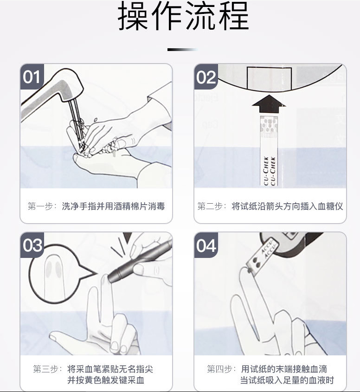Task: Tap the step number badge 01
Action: pos(32,77)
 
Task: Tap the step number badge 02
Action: pos(206,77)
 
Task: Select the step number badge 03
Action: pos(32,245)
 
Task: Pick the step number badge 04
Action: pos(206,245)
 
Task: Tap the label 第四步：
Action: pos(222,369)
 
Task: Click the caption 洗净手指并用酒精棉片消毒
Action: pos(113,206)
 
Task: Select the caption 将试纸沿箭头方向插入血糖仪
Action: pos(287,206)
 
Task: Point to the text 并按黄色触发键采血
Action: pos(106,381)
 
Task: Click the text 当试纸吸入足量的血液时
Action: pos(287,381)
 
